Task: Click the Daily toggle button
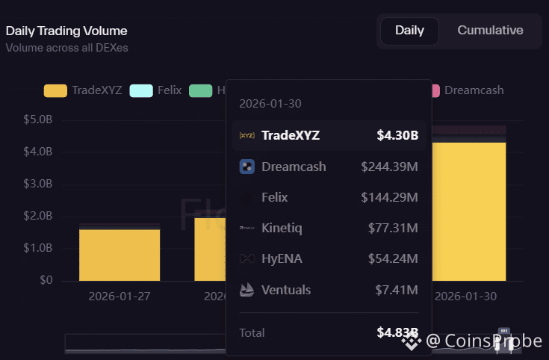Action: click(409, 31)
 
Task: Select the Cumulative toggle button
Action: click(490, 31)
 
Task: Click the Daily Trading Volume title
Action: click(66, 31)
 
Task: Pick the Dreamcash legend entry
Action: click(474, 90)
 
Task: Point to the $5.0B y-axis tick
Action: click(38, 120)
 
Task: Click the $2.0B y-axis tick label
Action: click(38, 216)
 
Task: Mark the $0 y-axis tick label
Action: click(46, 280)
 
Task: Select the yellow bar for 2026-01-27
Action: click(120, 255)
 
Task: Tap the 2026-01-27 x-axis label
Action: click(120, 296)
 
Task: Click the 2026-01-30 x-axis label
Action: click(465, 296)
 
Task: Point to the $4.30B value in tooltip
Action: click(397, 136)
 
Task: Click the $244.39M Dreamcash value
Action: click(389, 167)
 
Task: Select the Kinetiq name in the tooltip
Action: click(282, 228)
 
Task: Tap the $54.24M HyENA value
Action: click(393, 258)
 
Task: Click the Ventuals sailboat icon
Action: click(246, 289)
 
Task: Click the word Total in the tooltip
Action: click(252, 332)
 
